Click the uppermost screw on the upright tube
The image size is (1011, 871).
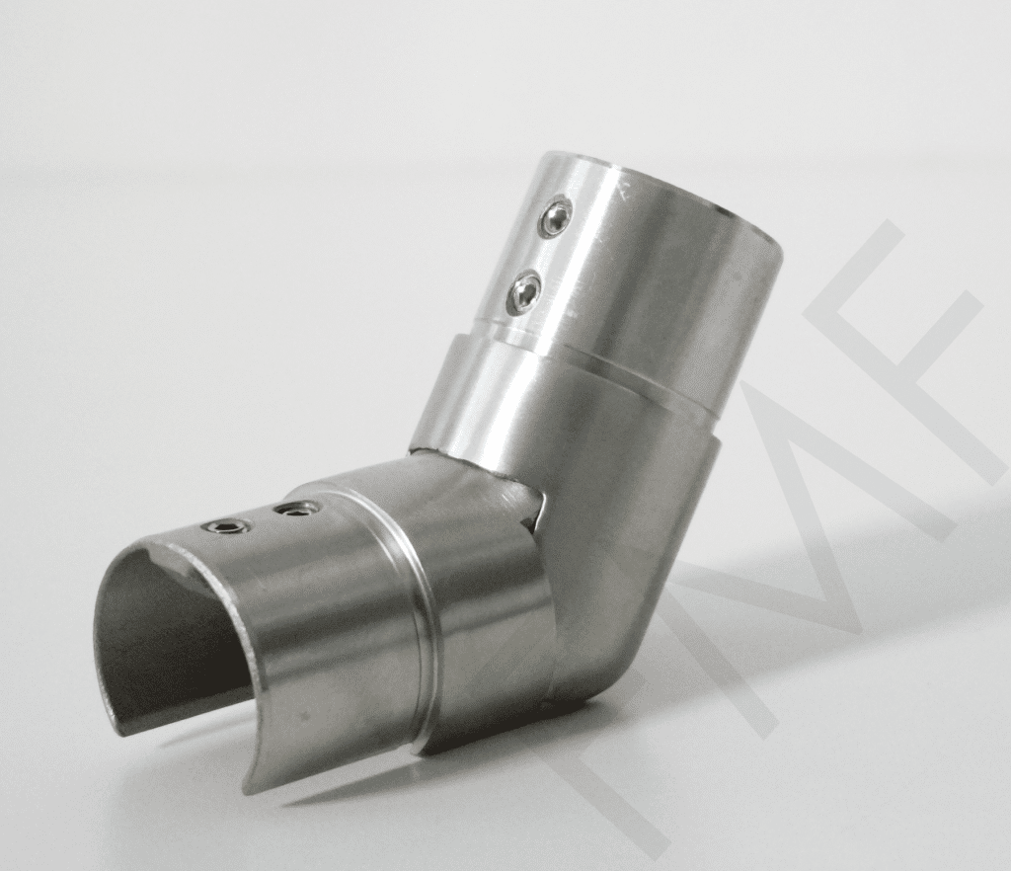(557, 217)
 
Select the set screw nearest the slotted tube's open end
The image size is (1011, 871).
(226, 526)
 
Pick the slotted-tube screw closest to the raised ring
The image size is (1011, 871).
(296, 510)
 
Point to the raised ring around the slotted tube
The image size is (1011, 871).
(420, 632)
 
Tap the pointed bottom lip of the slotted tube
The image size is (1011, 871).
(253, 780)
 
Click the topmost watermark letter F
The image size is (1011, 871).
(889, 326)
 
